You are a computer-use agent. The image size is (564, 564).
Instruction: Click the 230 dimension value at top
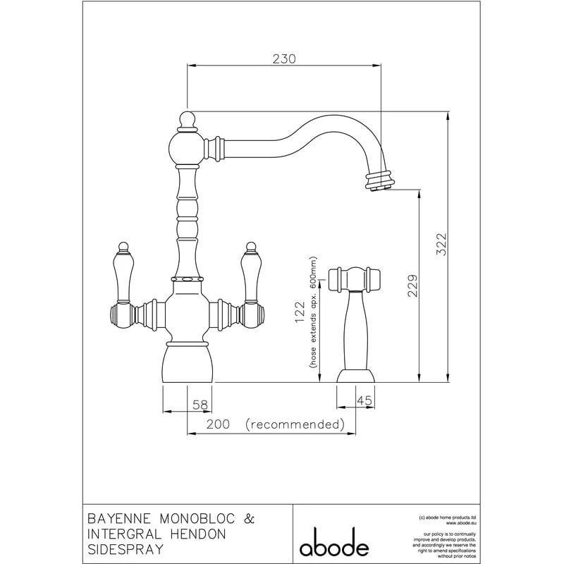283,59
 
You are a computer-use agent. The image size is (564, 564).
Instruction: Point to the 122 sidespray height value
299,312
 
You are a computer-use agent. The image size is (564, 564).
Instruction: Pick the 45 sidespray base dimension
364,401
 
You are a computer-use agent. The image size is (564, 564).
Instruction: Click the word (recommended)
295,424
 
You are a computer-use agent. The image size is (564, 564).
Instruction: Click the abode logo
334,546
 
